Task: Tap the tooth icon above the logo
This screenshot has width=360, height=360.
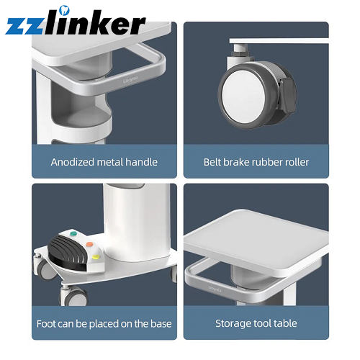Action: tap(64, 10)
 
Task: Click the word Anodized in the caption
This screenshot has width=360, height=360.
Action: tap(73, 162)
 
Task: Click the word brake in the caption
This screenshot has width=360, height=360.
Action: tap(236, 162)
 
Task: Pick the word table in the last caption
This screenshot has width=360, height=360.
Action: tap(285, 323)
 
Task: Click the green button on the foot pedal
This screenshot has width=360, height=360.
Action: tap(73, 233)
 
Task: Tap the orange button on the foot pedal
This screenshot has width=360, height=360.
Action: tap(89, 244)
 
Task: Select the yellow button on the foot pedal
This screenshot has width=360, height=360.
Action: tap(96, 257)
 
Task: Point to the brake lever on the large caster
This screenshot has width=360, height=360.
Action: tap(287, 95)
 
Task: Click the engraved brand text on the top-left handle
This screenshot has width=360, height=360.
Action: tap(130, 80)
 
